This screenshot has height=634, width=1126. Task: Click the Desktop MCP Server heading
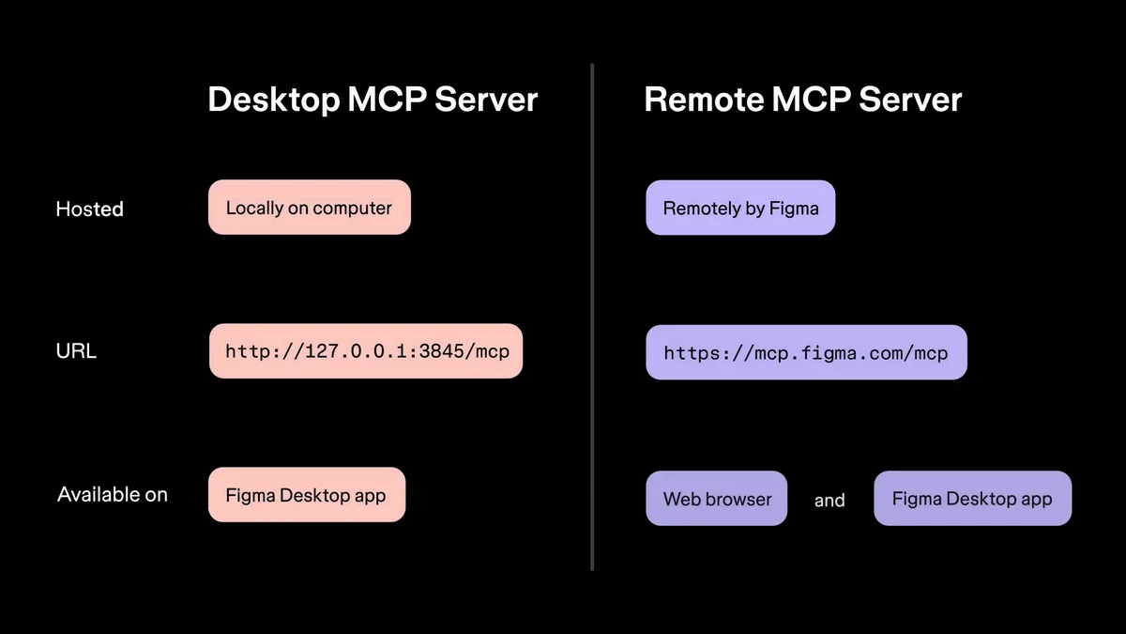373,100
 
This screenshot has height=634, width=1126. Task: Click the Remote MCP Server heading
802,100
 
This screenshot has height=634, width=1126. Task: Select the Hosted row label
89,209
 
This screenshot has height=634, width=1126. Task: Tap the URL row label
76,351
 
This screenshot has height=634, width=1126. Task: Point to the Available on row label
113,494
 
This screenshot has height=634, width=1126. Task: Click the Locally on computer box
309,208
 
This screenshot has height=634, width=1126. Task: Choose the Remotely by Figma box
740,209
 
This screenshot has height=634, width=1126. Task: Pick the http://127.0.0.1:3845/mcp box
365,351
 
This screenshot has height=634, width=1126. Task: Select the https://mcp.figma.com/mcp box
806,353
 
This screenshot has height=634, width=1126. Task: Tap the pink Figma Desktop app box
306,495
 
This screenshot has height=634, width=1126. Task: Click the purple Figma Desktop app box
972,499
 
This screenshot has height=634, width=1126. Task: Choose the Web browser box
717,499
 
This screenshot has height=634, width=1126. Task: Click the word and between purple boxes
829,501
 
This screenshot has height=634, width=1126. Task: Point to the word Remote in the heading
701,100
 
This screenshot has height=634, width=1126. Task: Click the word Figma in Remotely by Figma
795,209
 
